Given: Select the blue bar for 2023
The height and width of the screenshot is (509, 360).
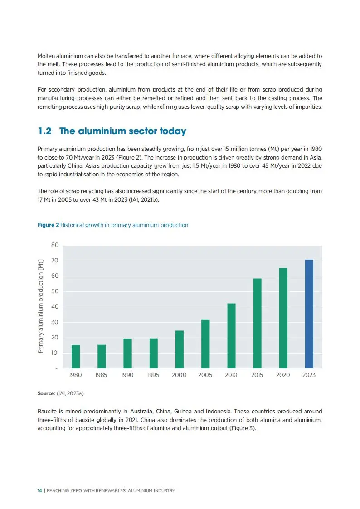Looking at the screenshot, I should tap(309, 314).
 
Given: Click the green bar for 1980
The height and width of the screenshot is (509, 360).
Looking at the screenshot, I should tap(76, 356).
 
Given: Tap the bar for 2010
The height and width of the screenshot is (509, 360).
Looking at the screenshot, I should tap(231, 335).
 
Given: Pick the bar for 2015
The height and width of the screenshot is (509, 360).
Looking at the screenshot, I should tap(257, 323).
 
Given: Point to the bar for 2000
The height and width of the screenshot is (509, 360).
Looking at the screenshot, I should tap(180, 349).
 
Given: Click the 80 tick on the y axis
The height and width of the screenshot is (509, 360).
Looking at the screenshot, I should tap(55, 245).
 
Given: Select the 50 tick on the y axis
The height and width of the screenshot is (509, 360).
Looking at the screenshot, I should tap(55, 291).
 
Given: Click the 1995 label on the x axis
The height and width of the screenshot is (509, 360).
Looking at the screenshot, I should tap(153, 375).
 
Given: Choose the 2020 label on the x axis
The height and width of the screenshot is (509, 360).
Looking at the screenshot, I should tap(283, 375).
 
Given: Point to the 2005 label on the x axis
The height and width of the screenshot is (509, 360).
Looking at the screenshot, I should tap(205, 375).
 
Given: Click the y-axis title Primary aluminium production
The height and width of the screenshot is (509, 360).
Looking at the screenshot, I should tap(40, 306).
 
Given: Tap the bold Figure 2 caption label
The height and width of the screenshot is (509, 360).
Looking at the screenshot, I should tap(48, 225).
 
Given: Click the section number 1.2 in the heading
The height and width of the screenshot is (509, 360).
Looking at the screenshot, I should tap(44, 131).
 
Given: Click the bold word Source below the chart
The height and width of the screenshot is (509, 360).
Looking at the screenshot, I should tap(46, 394).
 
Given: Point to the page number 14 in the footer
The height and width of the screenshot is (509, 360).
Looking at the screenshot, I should tap(40, 491).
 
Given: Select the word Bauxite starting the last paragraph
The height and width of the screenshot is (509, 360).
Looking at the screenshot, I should tap(48, 412).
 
